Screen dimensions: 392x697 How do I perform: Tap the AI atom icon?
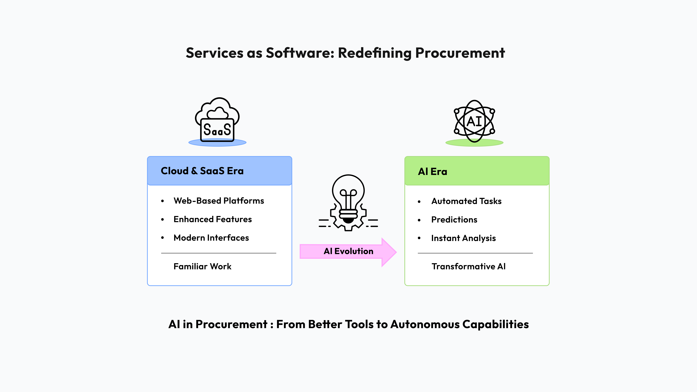click(474, 121)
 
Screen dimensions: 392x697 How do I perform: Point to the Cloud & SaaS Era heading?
click(202, 171)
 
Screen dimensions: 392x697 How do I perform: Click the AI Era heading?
click(432, 171)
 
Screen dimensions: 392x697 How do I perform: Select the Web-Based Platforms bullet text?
click(219, 201)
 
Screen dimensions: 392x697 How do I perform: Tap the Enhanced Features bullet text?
click(213, 219)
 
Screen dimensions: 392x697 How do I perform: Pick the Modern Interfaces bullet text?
click(211, 238)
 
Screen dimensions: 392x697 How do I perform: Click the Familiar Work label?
click(202, 267)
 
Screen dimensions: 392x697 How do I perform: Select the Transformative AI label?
click(468, 267)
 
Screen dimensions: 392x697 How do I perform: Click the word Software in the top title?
click(300, 53)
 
